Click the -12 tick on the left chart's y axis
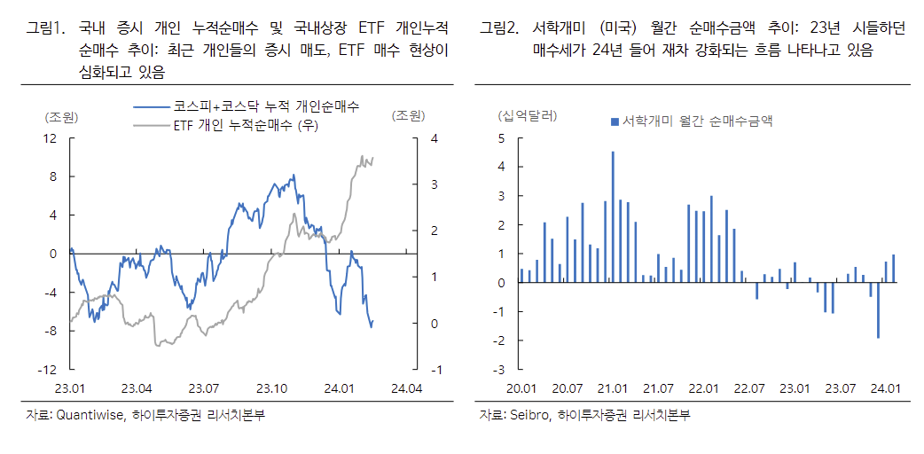point(48,369)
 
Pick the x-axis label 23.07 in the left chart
point(205,389)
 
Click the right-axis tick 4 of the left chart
point(433,138)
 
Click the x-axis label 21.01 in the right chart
point(613,389)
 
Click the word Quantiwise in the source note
point(93,414)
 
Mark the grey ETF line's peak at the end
point(363,157)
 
